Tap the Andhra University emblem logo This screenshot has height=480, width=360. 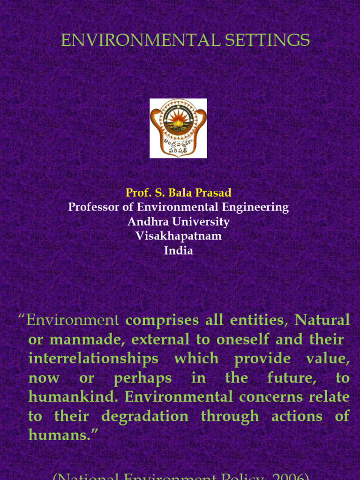(x=178, y=128)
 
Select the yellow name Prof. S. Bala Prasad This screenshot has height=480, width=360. (x=179, y=193)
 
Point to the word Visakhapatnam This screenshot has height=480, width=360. (x=179, y=236)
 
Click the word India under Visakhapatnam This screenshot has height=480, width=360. (x=179, y=251)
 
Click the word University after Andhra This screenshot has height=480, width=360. (x=202, y=222)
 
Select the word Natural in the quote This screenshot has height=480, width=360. (x=322, y=321)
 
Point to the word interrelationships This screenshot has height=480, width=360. (x=94, y=359)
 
